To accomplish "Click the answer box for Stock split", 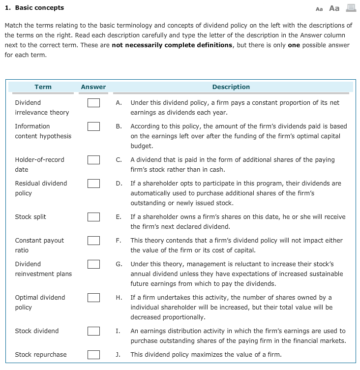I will pyautogui.click(x=94, y=217).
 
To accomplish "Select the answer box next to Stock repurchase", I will pyautogui.click(x=94, y=355).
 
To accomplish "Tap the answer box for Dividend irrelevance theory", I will pyautogui.click(x=94, y=103).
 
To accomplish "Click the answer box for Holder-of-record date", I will pyautogui.click(x=94, y=160).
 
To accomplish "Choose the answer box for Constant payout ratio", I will pyautogui.click(x=94, y=241).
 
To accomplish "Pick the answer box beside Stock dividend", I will pyautogui.click(x=94, y=331).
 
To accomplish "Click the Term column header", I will pyautogui.click(x=43, y=87).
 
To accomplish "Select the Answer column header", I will pyautogui.click(x=93, y=87).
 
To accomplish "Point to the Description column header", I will pyautogui.click(x=231, y=87).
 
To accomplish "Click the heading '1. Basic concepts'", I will pyautogui.click(x=34, y=8).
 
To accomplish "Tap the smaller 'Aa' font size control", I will pyautogui.click(x=319, y=9).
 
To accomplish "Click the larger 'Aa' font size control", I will pyautogui.click(x=334, y=8).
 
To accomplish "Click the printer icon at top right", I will pyautogui.click(x=351, y=8).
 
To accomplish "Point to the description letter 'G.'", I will pyautogui.click(x=119, y=264).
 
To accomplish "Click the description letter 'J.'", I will pyautogui.click(x=119, y=355).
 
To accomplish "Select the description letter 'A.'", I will pyautogui.click(x=119, y=103).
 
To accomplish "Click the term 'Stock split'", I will pyautogui.click(x=30, y=217).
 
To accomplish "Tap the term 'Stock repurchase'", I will pyautogui.click(x=41, y=355).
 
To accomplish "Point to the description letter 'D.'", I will pyautogui.click(x=119, y=184).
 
